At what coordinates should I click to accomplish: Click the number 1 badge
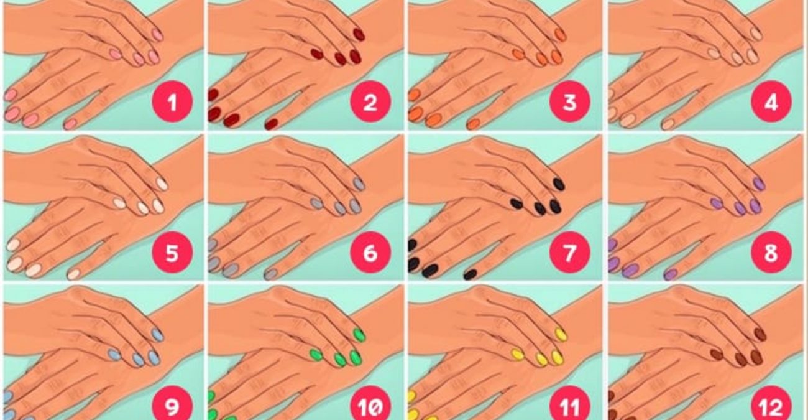point(172,102)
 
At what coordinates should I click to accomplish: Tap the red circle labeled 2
point(370,102)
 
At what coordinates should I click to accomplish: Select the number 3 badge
point(570,102)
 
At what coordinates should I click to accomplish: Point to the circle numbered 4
point(771,102)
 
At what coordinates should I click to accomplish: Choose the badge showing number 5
point(172,252)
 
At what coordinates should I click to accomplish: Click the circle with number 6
point(370,252)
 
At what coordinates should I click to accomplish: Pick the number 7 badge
point(570,252)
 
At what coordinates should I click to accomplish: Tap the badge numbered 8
point(771,252)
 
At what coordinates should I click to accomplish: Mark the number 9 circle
point(172,404)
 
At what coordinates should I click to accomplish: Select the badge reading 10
point(370,404)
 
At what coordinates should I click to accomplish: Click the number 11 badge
point(570,404)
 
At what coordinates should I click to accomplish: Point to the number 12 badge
point(771,404)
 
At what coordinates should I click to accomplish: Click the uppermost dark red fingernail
point(359,35)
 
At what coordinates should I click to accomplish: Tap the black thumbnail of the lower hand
point(471,274)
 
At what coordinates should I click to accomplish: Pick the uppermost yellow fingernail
point(560,334)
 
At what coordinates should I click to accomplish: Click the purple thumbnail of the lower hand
point(671,274)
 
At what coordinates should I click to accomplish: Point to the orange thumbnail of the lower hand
point(473,124)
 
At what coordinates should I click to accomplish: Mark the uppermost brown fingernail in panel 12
point(760,334)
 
